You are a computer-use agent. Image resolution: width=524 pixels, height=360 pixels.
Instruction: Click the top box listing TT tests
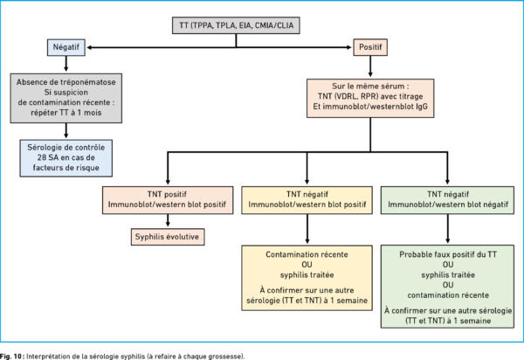236,25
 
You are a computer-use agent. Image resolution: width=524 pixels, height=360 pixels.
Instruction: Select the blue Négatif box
66,47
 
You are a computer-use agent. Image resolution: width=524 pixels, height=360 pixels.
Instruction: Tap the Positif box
370,47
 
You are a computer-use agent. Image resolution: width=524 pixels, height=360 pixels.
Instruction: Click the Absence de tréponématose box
66,98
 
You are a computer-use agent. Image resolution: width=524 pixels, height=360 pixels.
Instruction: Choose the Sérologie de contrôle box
66,158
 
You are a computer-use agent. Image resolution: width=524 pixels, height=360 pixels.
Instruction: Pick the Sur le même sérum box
370,98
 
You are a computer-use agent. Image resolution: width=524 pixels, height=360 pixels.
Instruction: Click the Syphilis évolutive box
168,237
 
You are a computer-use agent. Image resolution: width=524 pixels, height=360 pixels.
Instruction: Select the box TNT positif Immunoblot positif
168,200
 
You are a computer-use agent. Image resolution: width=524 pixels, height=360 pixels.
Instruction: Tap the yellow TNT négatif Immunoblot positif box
307,200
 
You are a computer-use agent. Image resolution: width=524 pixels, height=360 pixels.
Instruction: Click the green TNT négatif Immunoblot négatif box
447,200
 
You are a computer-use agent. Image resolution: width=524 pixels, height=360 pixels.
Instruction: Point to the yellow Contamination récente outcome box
307,278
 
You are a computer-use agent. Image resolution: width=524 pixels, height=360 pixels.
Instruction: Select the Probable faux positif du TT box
447,287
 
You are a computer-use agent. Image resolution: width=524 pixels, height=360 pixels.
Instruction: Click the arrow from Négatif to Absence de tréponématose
66,64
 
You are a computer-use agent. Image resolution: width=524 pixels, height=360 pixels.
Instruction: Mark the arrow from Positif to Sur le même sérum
370,66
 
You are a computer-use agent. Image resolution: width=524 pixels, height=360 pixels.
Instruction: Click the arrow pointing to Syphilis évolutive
168,220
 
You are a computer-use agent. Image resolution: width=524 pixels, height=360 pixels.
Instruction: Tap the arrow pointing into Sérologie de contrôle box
66,131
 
